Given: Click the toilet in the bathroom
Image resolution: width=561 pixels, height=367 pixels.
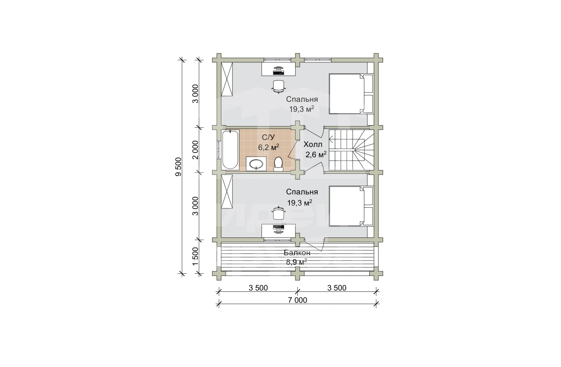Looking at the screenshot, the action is click(278, 164).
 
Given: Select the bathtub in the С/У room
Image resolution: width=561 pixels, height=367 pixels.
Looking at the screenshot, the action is click(230, 149).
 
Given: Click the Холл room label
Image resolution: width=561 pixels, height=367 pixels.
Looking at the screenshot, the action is click(313, 145).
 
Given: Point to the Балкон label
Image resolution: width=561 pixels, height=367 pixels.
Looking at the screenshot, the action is click(297, 252).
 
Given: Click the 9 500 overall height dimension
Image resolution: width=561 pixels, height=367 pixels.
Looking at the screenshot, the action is click(178, 167).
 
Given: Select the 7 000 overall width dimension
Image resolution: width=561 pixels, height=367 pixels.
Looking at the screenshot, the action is click(297, 300).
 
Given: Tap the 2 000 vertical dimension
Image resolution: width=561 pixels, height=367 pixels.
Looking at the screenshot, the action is click(196, 150).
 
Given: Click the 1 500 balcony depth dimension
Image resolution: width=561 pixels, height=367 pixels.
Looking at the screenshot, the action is click(196, 256).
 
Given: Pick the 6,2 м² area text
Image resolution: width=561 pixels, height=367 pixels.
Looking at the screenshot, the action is click(269, 147).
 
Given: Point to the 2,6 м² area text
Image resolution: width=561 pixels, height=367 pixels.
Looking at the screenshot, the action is click(316, 154).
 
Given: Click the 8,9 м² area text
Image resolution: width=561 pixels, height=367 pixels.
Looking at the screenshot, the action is click(296, 262).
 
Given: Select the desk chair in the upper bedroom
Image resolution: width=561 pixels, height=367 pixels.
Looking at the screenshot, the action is click(278, 87).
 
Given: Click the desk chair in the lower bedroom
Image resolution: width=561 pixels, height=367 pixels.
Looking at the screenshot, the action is click(278, 213).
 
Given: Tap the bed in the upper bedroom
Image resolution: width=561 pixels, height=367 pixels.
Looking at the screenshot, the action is click(351, 94).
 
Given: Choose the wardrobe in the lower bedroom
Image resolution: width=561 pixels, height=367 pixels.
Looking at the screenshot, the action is click(227, 191).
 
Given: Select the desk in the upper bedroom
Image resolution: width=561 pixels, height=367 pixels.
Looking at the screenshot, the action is click(278, 69).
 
